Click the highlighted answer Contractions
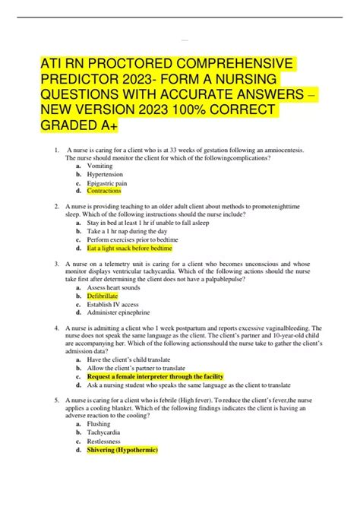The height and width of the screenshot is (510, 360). click(105, 191)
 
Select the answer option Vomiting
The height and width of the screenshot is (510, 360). click(100, 166)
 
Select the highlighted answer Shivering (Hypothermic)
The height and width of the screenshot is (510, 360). click(122, 449)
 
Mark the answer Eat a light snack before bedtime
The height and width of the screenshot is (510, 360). click(130, 248)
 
